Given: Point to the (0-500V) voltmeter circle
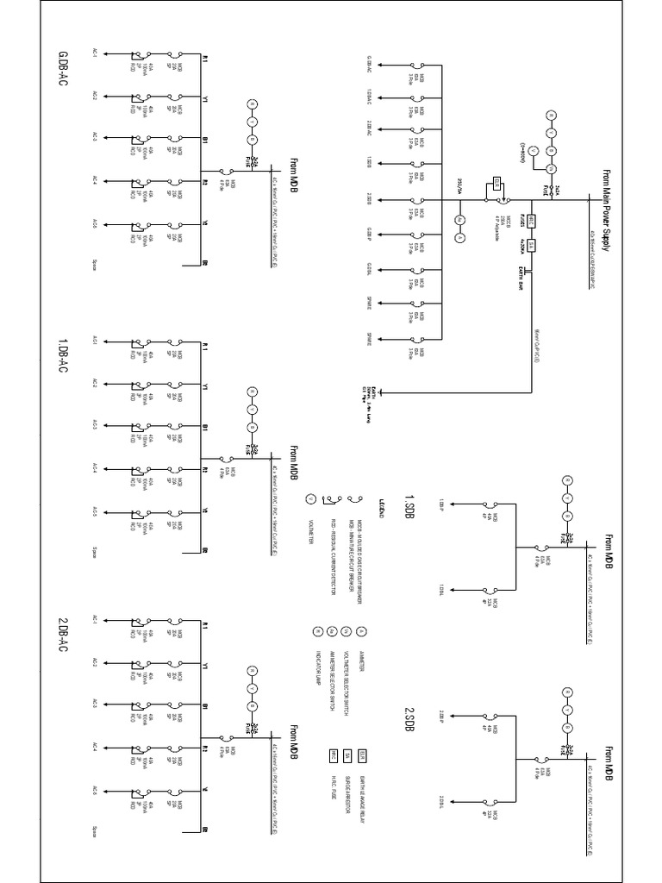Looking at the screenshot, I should [x=533, y=151].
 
